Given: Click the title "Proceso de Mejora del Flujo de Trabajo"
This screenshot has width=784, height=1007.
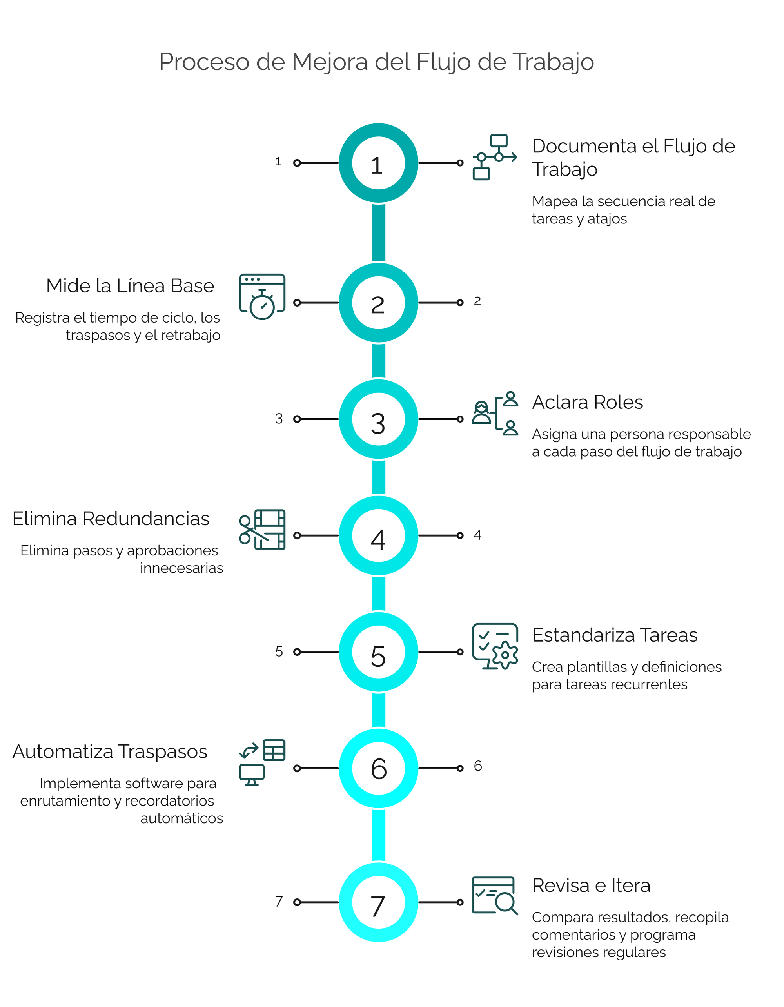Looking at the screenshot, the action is (x=376, y=62).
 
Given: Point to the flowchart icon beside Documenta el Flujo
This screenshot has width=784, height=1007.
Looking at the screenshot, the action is (x=495, y=157).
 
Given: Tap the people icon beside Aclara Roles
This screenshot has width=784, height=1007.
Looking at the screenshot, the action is (x=495, y=414).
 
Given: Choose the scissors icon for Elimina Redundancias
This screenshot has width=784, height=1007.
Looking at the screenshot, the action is (x=262, y=530).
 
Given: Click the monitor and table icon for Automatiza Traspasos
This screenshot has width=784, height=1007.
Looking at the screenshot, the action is (x=262, y=763).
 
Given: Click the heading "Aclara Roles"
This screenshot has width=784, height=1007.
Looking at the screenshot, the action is (x=588, y=402).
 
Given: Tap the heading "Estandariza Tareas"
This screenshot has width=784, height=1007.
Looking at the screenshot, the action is (x=615, y=635).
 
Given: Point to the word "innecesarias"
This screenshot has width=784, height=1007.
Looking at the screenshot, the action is (x=182, y=568).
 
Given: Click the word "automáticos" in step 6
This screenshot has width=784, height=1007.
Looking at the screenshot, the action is (x=182, y=818).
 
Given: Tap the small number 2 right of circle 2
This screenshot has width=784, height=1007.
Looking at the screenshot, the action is (x=477, y=301).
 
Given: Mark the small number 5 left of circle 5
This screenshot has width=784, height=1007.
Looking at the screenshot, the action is (x=279, y=651).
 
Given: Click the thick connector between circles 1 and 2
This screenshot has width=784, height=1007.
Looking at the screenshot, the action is (x=378, y=233).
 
